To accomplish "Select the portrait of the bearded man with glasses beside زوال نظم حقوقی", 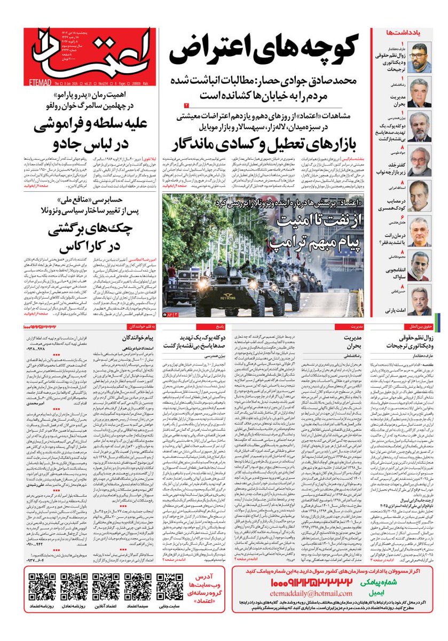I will coord(420,58).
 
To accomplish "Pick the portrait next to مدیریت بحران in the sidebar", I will coord(420,92).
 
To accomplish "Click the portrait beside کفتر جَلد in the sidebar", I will coord(420,161).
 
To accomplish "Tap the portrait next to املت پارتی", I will coord(420,300).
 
